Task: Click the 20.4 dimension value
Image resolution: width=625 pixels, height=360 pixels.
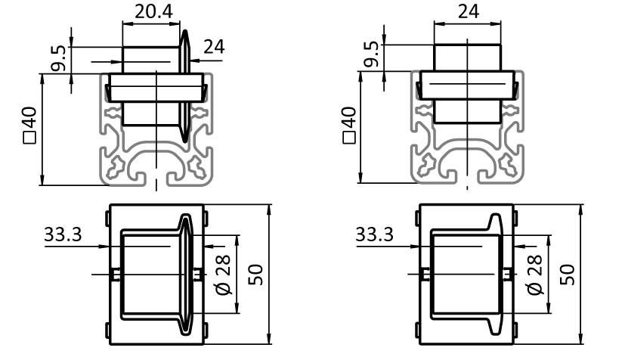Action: [153, 11]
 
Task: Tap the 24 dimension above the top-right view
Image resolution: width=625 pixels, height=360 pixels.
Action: [468, 11]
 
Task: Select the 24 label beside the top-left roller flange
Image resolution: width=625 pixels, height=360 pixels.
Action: [214, 47]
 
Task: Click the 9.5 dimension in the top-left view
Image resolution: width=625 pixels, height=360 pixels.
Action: [59, 58]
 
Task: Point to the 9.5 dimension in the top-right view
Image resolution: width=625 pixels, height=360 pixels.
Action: [371, 54]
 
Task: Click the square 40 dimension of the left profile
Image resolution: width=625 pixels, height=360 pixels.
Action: [30, 125]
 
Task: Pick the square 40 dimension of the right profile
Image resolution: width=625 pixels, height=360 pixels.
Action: [348, 125]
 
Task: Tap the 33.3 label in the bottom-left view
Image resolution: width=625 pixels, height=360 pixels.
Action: [63, 234]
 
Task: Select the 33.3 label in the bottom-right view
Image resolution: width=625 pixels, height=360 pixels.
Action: [374, 234]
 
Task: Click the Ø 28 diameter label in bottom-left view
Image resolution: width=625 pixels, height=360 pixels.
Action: [223, 275]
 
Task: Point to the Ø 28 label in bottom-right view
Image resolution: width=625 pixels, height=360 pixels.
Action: [535, 275]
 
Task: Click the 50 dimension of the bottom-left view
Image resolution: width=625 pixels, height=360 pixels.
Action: [255, 275]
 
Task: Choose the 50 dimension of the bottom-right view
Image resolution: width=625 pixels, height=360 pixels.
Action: [568, 275]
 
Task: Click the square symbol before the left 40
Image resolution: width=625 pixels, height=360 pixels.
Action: [30, 138]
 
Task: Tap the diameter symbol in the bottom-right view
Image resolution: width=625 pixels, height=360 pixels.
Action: [535, 288]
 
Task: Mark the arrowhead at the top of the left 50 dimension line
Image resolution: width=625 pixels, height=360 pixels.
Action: [269, 210]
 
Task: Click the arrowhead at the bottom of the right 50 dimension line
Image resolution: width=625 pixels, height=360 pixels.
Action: [580, 338]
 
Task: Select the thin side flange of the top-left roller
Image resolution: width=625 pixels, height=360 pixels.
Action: [184, 86]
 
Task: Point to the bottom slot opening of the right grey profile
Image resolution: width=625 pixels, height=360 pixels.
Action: [467, 178]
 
